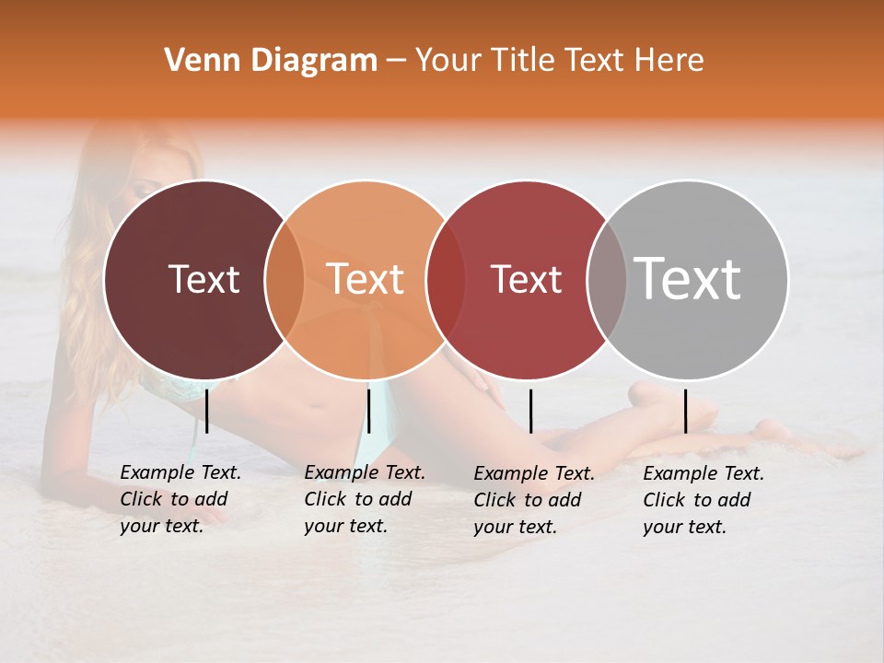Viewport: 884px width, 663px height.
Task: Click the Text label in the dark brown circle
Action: (204, 279)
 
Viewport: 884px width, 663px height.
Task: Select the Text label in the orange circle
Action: (366, 279)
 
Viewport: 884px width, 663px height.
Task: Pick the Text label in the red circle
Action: (526, 279)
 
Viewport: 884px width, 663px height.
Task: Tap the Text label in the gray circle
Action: (687, 279)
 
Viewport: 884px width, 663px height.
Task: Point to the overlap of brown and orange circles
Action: (285, 279)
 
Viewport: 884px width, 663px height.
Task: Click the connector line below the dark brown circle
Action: (206, 411)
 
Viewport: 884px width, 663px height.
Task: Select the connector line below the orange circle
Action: (368, 411)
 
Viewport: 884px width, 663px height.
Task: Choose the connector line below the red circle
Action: (530, 411)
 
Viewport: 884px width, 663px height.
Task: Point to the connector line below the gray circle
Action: (685, 411)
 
